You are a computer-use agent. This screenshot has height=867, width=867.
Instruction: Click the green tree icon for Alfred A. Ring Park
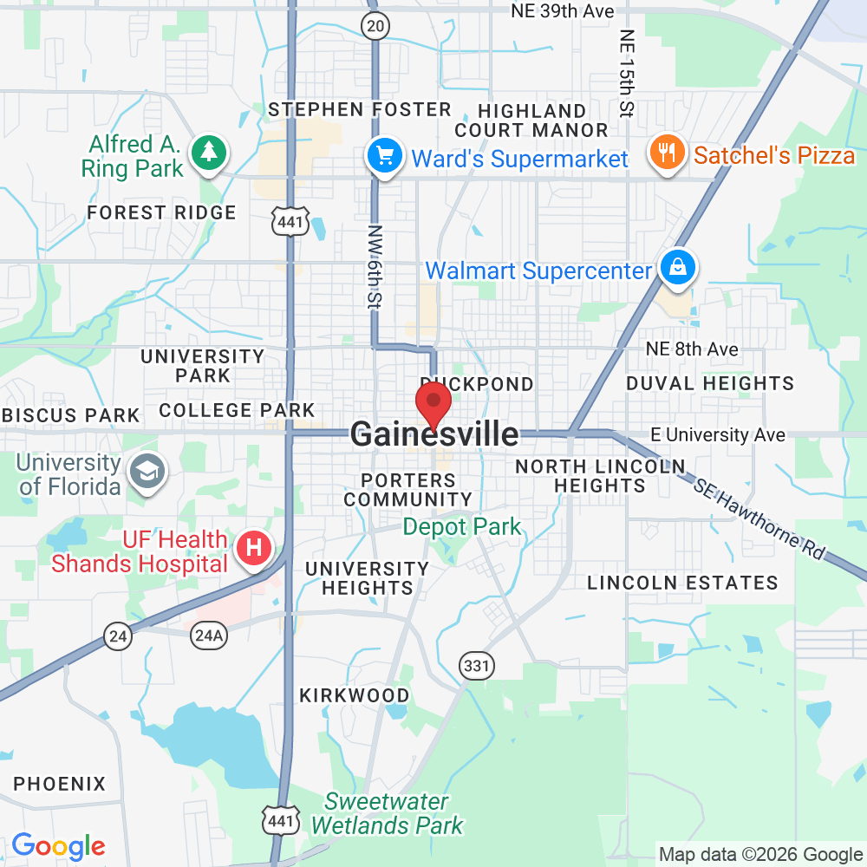click(209, 153)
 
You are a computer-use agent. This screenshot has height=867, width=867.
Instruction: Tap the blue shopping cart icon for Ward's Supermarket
click(384, 156)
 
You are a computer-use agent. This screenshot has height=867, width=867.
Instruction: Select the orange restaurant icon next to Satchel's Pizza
click(665, 153)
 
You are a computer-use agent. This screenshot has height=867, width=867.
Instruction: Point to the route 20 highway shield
click(375, 27)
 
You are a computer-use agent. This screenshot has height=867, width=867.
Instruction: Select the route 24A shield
click(209, 636)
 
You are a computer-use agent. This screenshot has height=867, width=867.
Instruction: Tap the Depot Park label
click(462, 526)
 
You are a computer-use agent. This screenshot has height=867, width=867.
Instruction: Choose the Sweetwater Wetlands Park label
click(388, 813)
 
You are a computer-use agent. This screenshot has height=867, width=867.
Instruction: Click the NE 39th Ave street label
click(563, 11)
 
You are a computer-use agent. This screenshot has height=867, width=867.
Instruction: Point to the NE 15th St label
click(627, 73)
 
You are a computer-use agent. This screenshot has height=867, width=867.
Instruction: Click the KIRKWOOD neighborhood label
click(354, 695)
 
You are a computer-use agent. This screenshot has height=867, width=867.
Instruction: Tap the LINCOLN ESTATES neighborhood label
click(682, 583)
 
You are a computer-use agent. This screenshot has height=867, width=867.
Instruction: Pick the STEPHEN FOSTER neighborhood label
click(360, 109)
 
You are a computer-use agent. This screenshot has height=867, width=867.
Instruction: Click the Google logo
click(58, 846)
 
